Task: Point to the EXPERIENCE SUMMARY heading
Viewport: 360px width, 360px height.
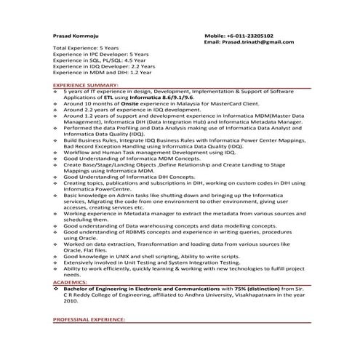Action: (81, 85)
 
